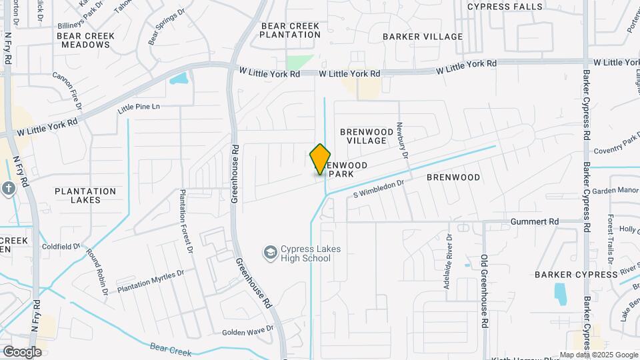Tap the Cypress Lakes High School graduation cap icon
click(x=271, y=253)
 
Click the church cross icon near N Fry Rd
click(x=9, y=189)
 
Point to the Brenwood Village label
click(x=363, y=136)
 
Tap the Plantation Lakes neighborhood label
click(x=85, y=195)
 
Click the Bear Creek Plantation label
click(x=290, y=30)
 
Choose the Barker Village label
click(x=423, y=37)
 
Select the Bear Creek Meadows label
click(x=85, y=40)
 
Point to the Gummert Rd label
click(x=535, y=221)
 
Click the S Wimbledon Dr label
click(x=379, y=188)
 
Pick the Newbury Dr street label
click(x=401, y=140)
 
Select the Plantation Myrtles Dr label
click(x=150, y=281)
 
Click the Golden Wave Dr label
click(x=247, y=331)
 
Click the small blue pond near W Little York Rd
click(x=179, y=79)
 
